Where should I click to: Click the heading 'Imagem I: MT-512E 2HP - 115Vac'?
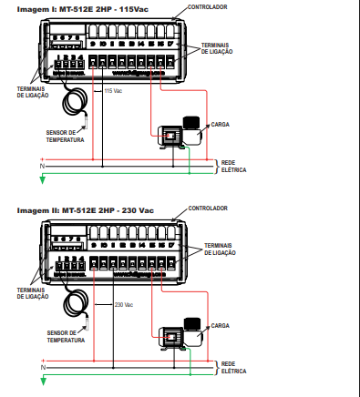(74, 9)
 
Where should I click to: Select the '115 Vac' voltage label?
(115, 91)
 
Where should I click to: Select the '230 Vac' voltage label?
(124, 305)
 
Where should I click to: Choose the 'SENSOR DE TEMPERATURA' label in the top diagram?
(65, 136)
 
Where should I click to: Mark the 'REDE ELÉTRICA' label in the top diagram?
(233, 166)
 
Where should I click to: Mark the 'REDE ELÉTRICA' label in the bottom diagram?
(234, 369)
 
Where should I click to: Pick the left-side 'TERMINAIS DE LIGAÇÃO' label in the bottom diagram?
(33, 293)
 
